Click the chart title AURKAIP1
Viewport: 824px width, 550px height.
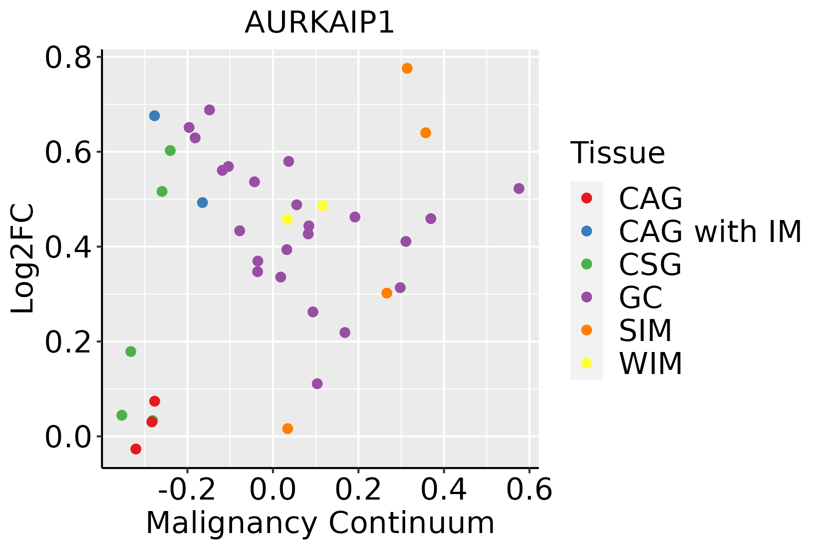coord(320,22)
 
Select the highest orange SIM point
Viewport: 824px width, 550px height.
coord(407,68)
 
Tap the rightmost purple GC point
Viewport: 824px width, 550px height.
coord(519,188)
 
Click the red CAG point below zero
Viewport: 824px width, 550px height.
coord(136,449)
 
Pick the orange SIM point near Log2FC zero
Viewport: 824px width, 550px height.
coord(287,429)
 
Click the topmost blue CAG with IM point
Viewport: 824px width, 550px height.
coord(154,115)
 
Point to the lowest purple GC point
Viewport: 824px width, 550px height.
coord(317,384)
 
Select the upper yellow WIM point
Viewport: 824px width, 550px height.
coord(322,205)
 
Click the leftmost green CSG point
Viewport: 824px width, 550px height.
coord(121,415)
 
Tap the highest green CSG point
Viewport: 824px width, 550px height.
coord(170,150)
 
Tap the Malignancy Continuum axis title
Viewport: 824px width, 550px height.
coord(320,523)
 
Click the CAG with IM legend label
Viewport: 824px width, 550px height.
coord(710,231)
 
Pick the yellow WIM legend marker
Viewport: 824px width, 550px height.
coord(586,363)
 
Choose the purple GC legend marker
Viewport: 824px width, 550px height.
coord(586,297)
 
